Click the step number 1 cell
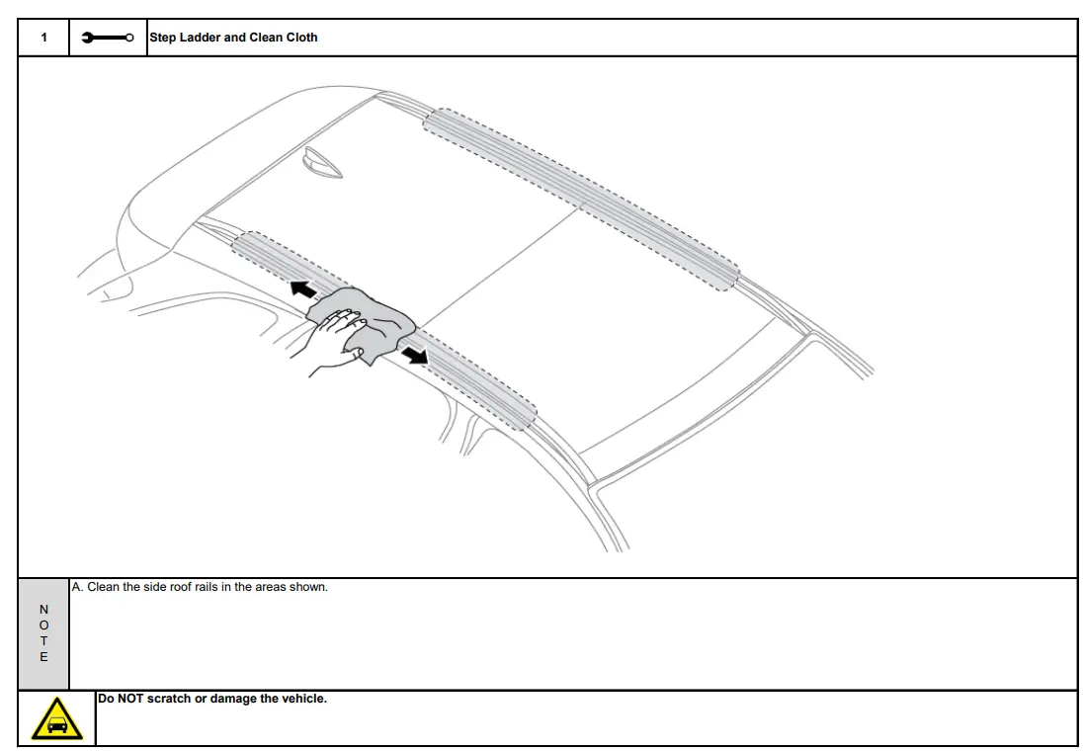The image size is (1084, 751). [x=43, y=38]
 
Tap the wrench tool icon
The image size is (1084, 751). [x=108, y=38]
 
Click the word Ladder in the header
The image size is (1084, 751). [x=201, y=38]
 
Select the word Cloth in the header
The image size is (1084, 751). [x=299, y=38]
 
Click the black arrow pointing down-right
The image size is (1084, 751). [x=416, y=353]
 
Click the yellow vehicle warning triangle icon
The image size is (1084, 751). [x=57, y=719]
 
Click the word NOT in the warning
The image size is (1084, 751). [x=130, y=700]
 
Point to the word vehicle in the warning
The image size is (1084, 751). [x=303, y=700]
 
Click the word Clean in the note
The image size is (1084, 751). [x=103, y=587]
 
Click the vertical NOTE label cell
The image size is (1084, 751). [x=43, y=633]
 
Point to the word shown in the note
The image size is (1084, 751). [x=310, y=587]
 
